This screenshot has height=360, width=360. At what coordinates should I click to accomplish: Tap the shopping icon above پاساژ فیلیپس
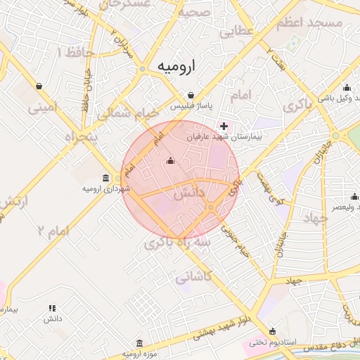tap(191, 95)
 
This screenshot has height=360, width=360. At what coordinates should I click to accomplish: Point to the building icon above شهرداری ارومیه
tap(105, 177)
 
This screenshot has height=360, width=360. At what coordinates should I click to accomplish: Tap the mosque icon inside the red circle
tap(169, 161)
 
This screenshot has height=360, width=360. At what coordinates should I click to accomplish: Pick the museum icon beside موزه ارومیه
tap(139, 344)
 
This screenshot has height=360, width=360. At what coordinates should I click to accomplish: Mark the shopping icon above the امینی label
tap(39, 86)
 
